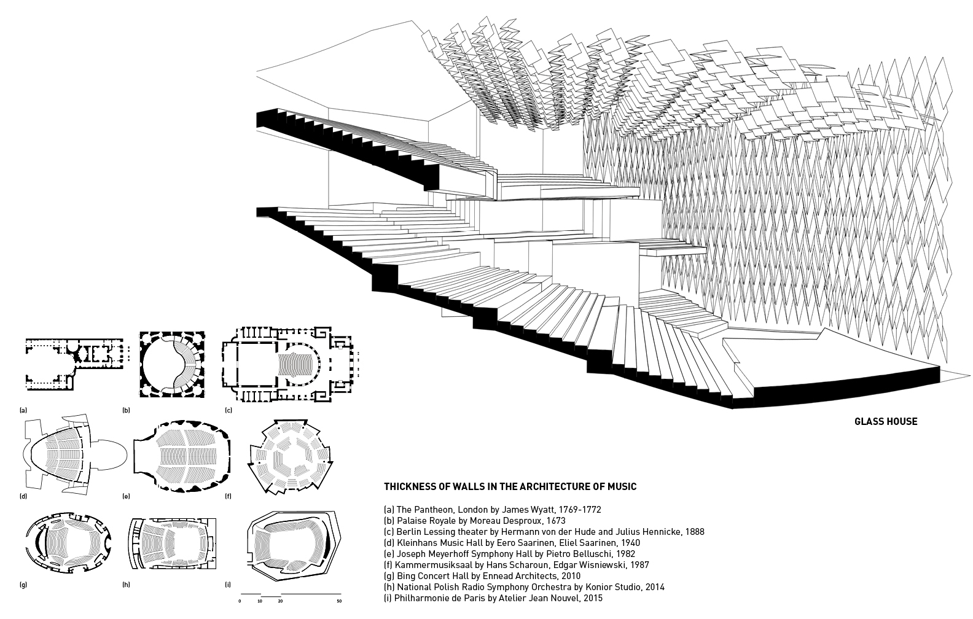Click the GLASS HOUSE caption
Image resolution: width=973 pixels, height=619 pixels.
click(x=886, y=421)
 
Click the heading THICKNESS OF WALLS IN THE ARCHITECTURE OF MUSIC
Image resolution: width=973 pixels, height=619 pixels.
click(x=510, y=487)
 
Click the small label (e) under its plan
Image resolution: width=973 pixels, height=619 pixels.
click(x=127, y=496)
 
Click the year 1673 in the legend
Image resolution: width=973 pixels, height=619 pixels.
click(x=556, y=520)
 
